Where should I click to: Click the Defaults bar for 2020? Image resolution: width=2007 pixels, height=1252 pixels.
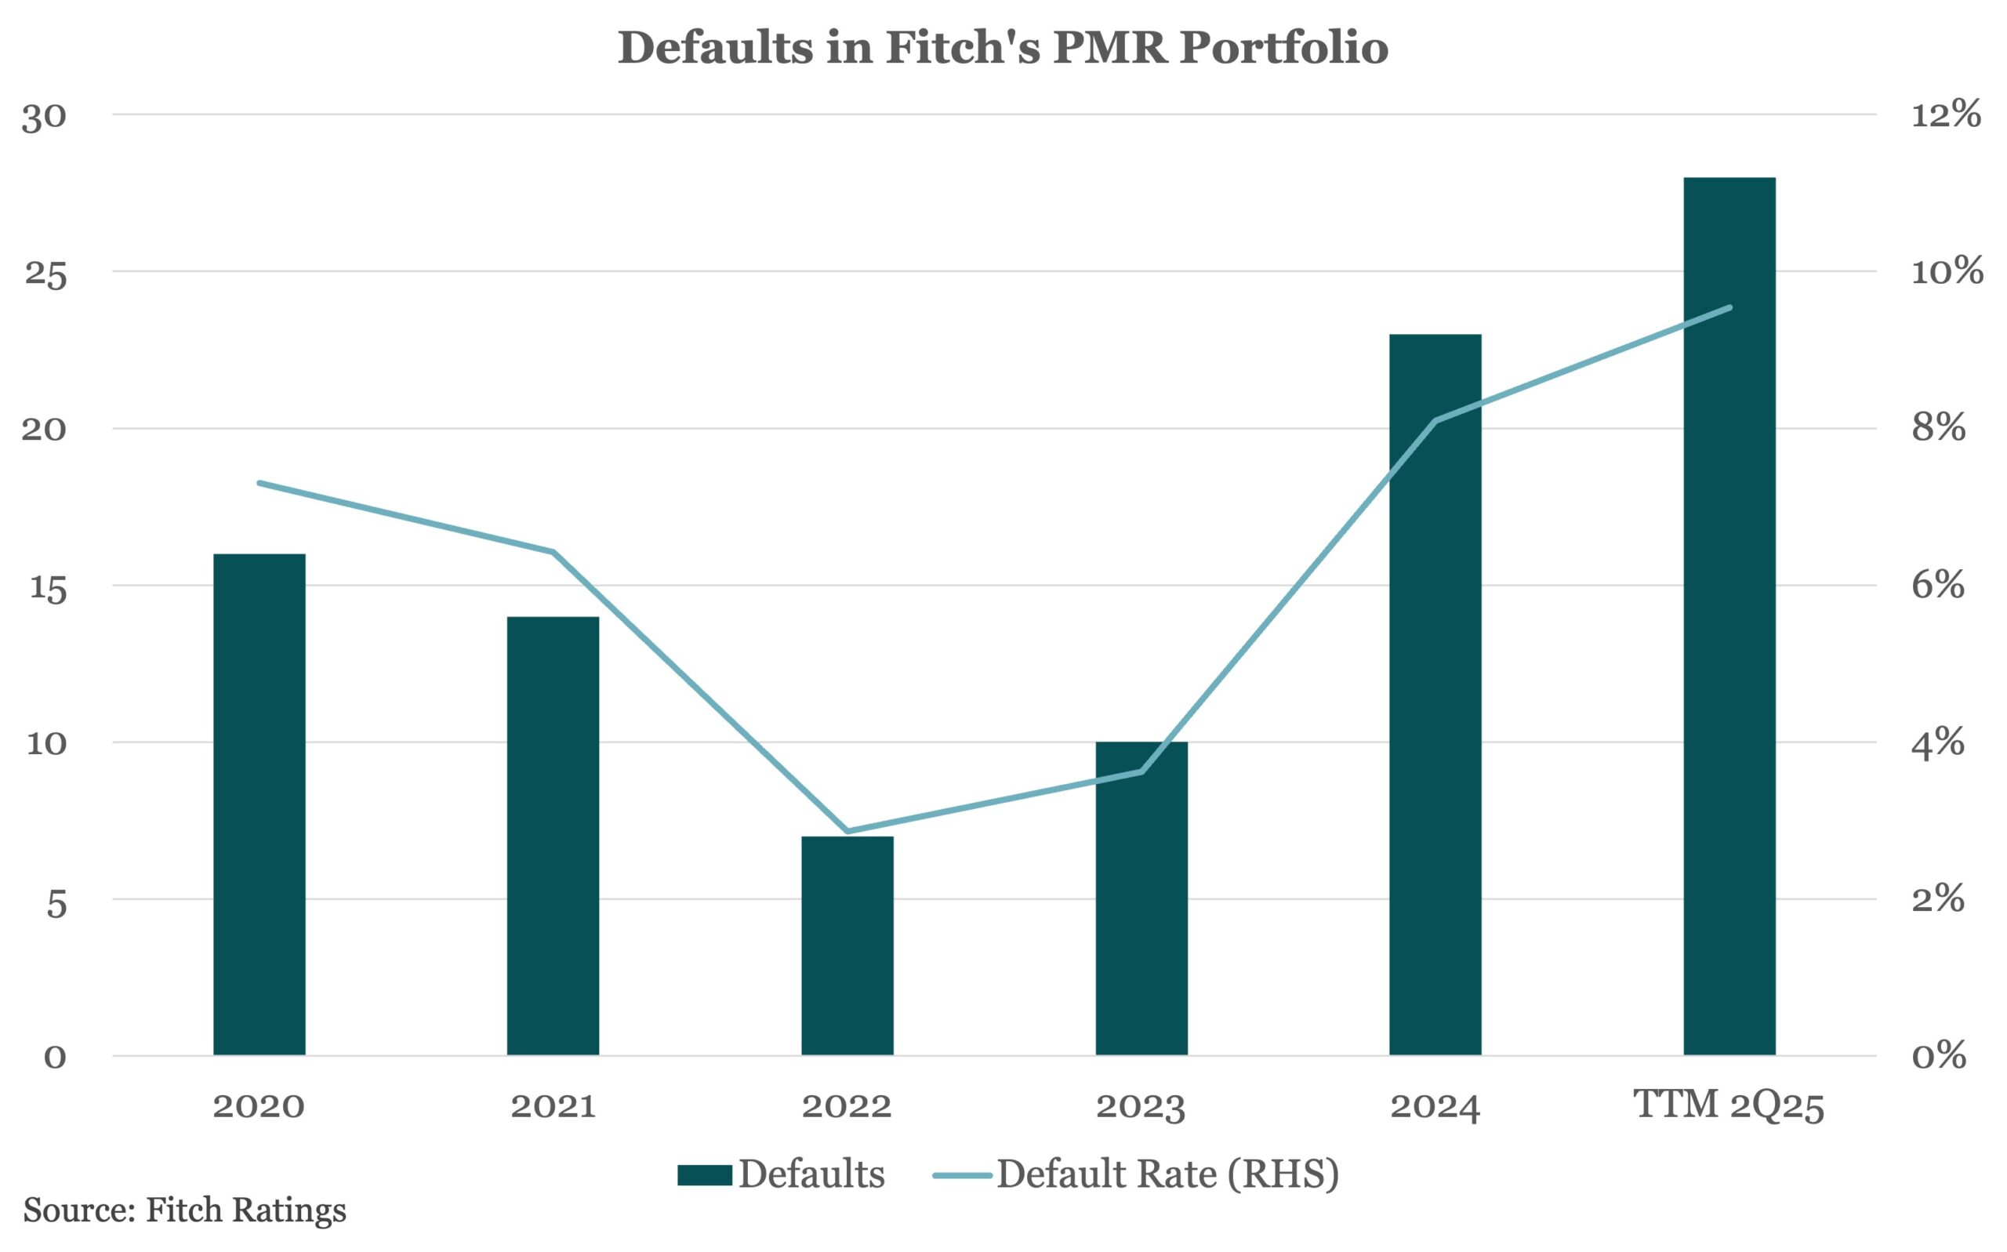(259, 804)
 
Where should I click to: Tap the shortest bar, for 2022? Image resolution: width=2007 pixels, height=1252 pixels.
(847, 945)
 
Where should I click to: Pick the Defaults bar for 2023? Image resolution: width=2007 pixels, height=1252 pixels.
(1141, 898)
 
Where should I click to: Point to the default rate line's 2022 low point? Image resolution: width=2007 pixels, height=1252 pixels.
(847, 830)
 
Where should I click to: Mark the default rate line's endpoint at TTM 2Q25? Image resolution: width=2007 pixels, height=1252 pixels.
(1729, 308)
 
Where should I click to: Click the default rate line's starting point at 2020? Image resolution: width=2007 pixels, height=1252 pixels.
(259, 483)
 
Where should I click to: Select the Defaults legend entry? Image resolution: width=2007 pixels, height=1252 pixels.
(782, 1174)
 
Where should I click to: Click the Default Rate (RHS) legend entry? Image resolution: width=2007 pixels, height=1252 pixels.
(1136, 1174)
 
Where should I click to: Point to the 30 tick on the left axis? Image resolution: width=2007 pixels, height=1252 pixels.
(44, 117)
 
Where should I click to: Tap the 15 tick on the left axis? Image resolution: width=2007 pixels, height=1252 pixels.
(47, 587)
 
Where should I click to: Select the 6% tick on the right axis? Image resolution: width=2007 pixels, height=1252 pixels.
(1937, 586)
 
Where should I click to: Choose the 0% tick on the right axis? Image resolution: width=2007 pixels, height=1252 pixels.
(1937, 1056)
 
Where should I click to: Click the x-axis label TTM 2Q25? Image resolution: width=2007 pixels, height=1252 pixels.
(1729, 1106)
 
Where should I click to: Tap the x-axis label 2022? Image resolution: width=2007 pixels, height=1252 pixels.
(847, 1106)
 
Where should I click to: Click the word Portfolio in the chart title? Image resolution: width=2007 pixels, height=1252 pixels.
(1265, 47)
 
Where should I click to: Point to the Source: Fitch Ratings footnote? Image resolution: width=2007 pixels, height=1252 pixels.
(185, 1210)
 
